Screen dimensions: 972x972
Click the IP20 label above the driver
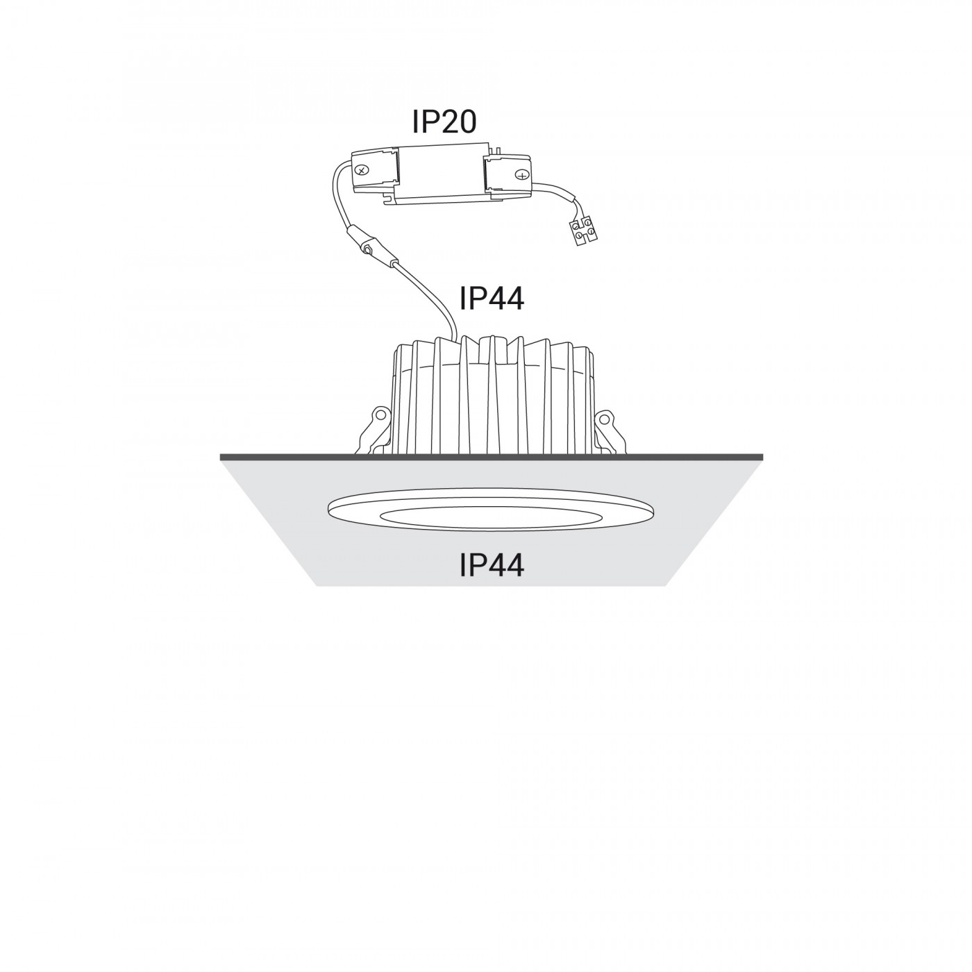(444, 122)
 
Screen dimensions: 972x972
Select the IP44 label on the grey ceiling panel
(492, 564)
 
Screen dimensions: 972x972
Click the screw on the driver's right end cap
(521, 174)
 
